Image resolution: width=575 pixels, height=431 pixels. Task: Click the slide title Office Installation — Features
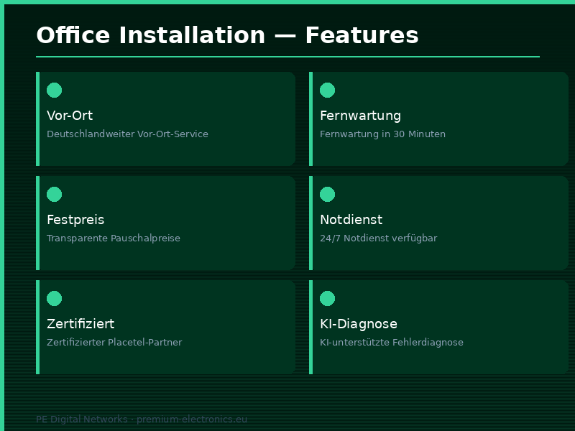(x=227, y=35)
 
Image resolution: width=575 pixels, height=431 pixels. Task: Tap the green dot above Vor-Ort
(x=54, y=90)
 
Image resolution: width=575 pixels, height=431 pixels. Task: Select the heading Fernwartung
(x=360, y=116)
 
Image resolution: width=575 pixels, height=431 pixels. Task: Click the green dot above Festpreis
(x=54, y=194)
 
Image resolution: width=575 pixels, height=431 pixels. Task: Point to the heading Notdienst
(x=351, y=220)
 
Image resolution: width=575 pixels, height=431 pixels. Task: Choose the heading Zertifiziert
(x=80, y=324)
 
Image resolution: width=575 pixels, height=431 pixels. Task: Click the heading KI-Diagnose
(x=358, y=324)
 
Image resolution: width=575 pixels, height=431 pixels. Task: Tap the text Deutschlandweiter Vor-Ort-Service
(x=127, y=134)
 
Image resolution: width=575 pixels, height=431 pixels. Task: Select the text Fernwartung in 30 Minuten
(x=382, y=134)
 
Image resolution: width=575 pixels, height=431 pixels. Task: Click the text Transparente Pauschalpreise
(x=114, y=238)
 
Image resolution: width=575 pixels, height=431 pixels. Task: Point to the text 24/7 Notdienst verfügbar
(x=378, y=238)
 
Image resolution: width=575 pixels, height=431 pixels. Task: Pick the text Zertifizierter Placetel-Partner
(x=114, y=343)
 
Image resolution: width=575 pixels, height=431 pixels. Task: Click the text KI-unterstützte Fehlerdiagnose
(x=391, y=343)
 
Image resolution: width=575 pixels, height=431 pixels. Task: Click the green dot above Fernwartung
(x=327, y=90)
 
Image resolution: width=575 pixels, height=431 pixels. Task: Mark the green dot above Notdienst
(x=327, y=194)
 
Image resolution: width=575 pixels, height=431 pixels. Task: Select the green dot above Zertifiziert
(x=54, y=298)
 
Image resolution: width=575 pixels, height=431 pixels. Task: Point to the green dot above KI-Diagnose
(x=327, y=298)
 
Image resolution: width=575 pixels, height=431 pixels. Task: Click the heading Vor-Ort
(x=70, y=116)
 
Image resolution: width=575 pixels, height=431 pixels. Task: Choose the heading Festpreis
(x=75, y=220)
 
